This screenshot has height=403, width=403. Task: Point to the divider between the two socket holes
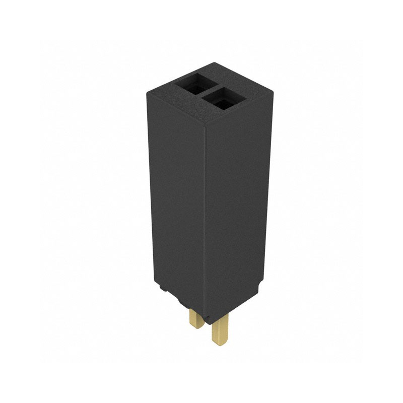tap(208, 91)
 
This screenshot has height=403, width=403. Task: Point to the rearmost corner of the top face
tap(215, 63)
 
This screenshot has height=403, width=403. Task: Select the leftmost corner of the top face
tap(148, 91)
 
